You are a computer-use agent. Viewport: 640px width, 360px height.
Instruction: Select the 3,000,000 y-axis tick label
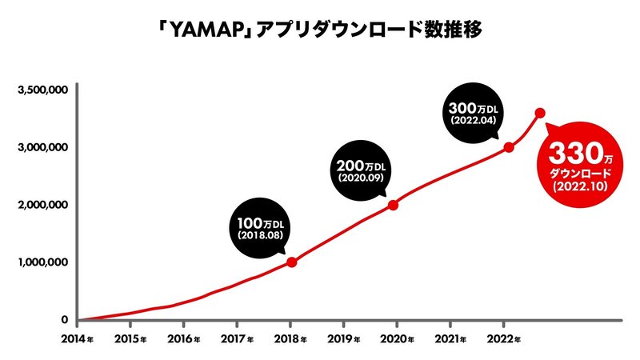tap(41, 148)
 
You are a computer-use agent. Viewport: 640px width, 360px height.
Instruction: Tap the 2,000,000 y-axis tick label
tap(41, 206)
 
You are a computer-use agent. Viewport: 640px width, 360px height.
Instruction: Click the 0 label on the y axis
tap(65, 320)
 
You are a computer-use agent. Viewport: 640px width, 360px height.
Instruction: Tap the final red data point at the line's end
tap(540, 113)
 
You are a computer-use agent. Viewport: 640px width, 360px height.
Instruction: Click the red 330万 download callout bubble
tap(580, 163)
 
